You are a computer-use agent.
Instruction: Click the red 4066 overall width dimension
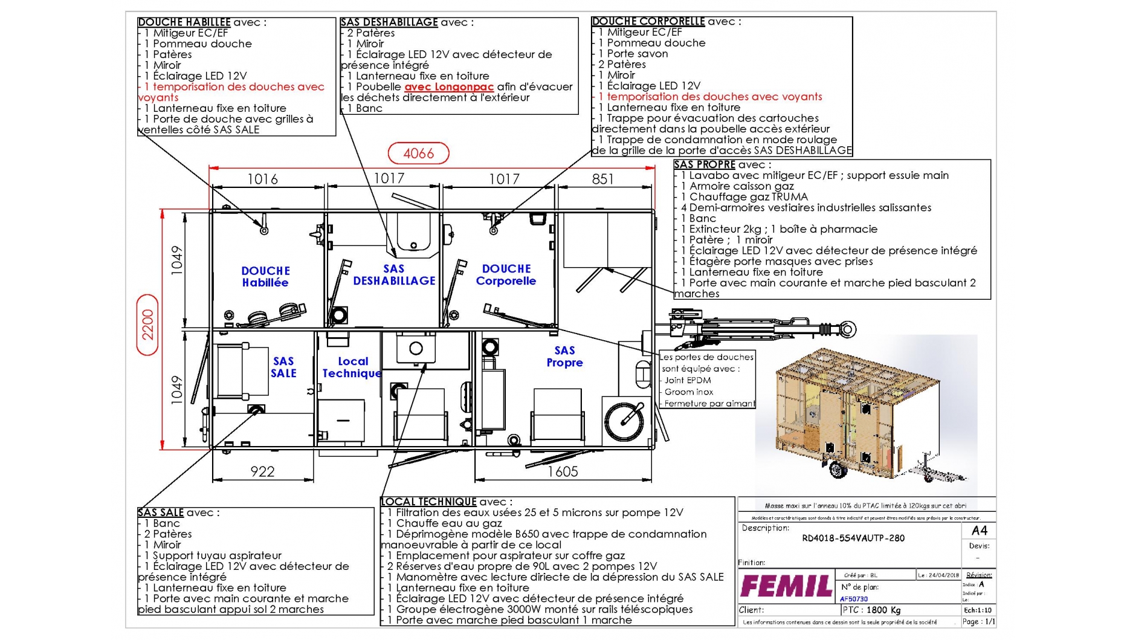tap(418, 154)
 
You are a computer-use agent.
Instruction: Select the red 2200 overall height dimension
tap(148, 325)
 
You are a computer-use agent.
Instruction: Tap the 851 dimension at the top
tap(602, 179)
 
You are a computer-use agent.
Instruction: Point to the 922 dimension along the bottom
tap(262, 471)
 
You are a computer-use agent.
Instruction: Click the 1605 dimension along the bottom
tap(563, 471)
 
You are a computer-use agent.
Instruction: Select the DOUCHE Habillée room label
tap(265, 277)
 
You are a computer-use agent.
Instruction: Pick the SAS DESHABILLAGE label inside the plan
tap(394, 275)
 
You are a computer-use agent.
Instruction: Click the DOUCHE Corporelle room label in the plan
tap(506, 275)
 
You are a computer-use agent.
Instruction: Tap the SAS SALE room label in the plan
tap(283, 367)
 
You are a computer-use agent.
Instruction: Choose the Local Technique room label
tap(352, 367)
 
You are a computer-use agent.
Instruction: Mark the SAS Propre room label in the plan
tap(564, 357)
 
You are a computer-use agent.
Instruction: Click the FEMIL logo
tap(786, 586)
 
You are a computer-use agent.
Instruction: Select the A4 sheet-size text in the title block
tap(979, 531)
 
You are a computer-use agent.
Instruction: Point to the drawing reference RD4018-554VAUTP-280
tap(853, 538)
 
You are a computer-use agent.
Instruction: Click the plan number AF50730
tap(854, 600)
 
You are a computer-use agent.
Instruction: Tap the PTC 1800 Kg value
tap(871, 610)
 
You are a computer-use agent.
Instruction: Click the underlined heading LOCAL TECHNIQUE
tap(428, 502)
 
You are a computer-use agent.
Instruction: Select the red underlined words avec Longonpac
tap(449, 87)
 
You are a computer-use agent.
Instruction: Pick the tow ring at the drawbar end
tap(847, 329)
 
